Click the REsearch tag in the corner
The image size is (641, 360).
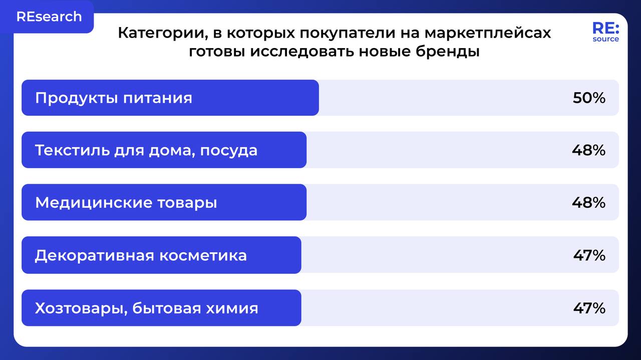[x=49, y=17]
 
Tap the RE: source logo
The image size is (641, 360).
[x=605, y=32]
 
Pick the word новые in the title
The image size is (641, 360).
[x=389, y=52]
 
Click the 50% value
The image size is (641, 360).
[x=589, y=98]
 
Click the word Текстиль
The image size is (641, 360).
[x=67, y=150]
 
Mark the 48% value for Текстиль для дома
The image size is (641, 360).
[x=588, y=150]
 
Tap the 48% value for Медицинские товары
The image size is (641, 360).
[x=588, y=203]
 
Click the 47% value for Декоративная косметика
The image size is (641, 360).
[x=589, y=255]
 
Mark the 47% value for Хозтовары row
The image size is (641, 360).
[x=589, y=308]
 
